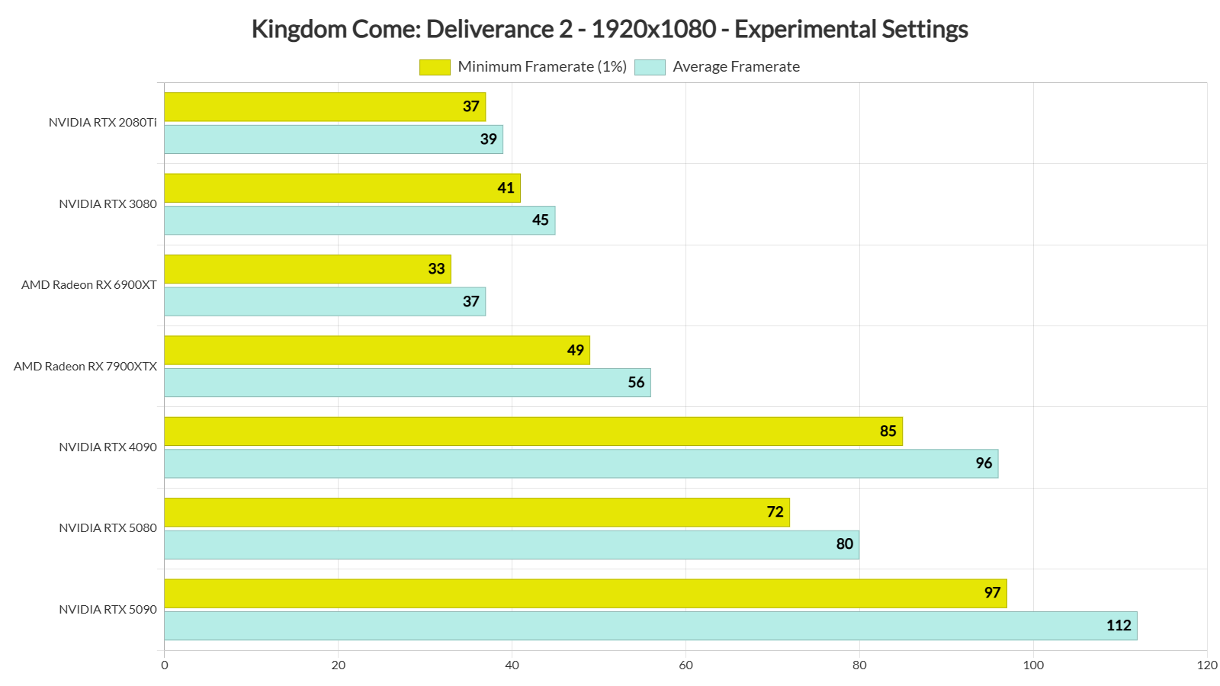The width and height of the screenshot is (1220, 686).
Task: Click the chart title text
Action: tap(609, 29)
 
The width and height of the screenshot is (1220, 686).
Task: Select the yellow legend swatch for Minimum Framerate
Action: tap(435, 67)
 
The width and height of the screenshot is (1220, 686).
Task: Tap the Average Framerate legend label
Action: tap(736, 67)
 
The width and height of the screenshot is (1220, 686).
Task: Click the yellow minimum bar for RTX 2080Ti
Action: tap(324, 107)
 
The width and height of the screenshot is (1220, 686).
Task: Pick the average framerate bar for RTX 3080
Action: tap(358, 220)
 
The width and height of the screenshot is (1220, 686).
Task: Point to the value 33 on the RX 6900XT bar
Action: tap(436, 269)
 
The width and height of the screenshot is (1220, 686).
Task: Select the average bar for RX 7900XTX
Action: tap(406, 383)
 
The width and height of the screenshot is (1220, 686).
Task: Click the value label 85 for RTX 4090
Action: tap(888, 431)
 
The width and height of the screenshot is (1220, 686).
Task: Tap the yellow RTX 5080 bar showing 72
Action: tap(476, 512)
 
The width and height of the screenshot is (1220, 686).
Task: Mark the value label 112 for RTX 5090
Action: tap(1119, 626)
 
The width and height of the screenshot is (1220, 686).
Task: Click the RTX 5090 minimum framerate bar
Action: tap(584, 593)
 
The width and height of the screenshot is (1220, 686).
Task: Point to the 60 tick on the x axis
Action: tap(685, 665)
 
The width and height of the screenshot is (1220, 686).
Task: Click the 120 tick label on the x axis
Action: tap(1207, 665)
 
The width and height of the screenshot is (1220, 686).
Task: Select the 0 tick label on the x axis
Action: tap(165, 665)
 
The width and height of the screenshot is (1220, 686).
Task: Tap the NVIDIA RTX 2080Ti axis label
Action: tap(103, 123)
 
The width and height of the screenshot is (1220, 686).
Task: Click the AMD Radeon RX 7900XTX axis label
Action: tap(85, 367)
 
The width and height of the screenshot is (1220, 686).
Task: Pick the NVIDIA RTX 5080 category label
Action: tap(108, 528)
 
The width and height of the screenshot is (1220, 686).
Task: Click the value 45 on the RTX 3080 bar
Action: tap(540, 220)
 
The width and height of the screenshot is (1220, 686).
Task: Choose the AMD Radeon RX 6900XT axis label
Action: tap(89, 285)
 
